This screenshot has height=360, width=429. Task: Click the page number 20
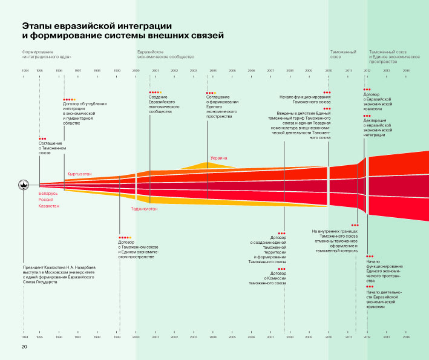click(25, 347)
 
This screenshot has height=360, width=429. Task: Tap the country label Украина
click(218, 159)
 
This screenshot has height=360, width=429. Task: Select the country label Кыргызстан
click(80, 174)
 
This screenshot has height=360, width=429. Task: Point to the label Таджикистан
click(144, 209)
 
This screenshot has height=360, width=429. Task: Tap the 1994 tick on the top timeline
click(25, 71)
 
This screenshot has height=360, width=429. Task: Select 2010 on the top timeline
click(329, 71)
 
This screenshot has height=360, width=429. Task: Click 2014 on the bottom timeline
click(406, 336)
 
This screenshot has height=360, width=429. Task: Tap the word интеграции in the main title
click(144, 26)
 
